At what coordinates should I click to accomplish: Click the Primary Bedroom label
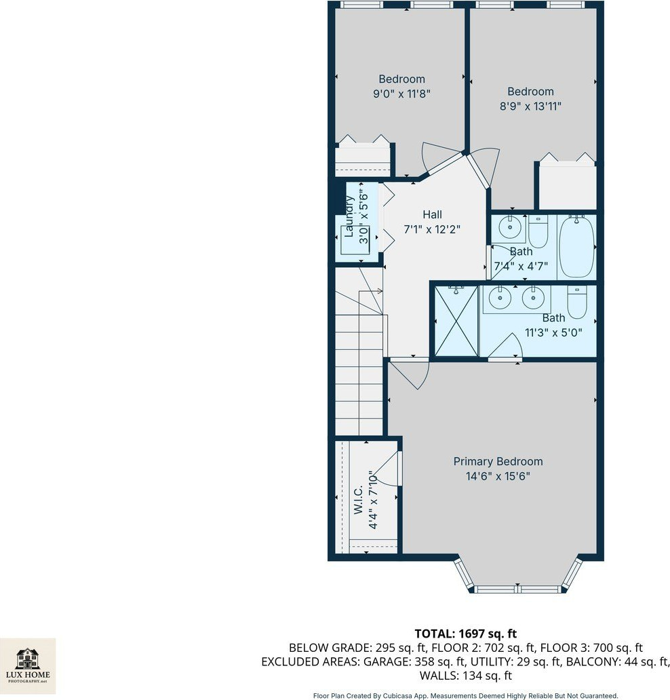[x=498, y=462]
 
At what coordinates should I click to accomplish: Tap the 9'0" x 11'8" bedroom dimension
[x=401, y=94]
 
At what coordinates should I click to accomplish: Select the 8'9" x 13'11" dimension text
[x=530, y=106]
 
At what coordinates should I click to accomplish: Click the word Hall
[x=432, y=215]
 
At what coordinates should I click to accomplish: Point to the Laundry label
[x=349, y=217]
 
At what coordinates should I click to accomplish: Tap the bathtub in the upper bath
[x=576, y=246]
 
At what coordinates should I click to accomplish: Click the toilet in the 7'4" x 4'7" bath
[x=538, y=231]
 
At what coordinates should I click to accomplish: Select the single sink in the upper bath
[x=510, y=228]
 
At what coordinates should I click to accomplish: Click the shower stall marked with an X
[x=456, y=322]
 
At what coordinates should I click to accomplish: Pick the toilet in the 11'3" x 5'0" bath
[x=576, y=303]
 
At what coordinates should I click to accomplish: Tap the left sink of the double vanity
[x=500, y=297]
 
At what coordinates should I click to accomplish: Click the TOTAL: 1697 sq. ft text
[x=466, y=634]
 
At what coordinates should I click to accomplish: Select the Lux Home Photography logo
[x=28, y=666]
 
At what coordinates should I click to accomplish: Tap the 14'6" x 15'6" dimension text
[x=498, y=476]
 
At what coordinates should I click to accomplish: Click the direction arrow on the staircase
[x=371, y=292]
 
